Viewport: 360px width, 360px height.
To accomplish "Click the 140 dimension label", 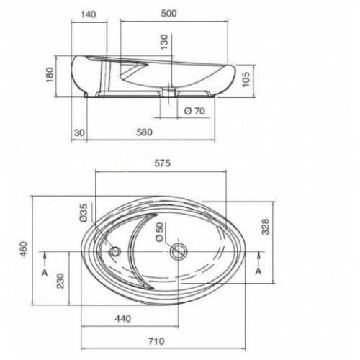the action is click(89, 14).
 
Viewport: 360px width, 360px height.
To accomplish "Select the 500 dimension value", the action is click(168, 14).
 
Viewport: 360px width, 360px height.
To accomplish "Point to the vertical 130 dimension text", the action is click(164, 42).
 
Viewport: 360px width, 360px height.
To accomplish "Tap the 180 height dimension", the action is click(50, 75).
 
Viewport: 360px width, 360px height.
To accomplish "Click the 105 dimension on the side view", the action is click(246, 79).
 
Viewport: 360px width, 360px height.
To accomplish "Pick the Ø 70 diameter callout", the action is click(194, 111).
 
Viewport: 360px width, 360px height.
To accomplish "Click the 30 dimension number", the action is click(79, 132).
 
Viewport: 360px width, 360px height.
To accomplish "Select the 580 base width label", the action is click(145, 132).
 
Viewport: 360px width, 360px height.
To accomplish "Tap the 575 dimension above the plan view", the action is click(163, 163).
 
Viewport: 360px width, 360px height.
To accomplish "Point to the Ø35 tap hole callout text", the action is click(84, 213).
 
